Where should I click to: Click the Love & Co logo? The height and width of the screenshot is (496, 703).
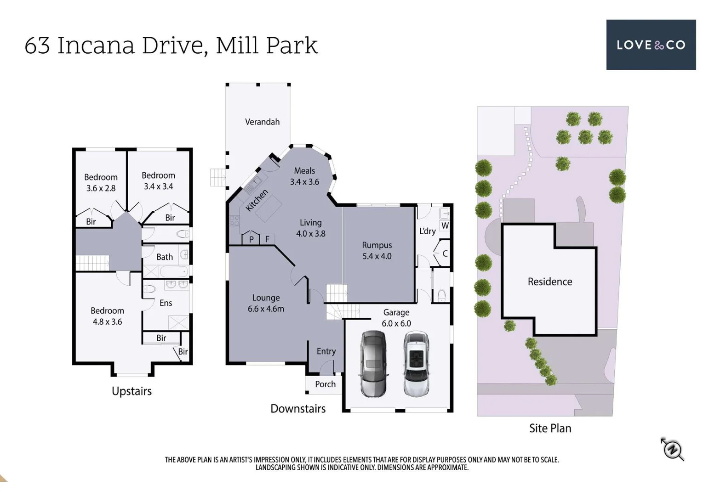click(651, 45)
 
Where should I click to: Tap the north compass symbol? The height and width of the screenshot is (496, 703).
click(672, 449)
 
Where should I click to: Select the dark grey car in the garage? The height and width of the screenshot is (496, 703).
click(373, 363)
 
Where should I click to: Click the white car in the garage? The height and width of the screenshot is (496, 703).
click(416, 363)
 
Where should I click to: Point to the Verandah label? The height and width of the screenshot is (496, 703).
click(262, 122)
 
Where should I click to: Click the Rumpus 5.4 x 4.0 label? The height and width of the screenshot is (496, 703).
click(377, 251)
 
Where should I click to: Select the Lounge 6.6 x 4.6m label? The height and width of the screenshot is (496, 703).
click(266, 303)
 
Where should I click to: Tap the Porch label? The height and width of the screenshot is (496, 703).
click(325, 384)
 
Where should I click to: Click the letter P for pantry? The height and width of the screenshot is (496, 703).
click(251, 239)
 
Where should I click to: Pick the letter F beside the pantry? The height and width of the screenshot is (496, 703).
click(267, 239)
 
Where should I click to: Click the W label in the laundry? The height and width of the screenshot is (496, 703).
click(445, 225)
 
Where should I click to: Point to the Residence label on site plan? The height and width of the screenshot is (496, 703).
click(550, 282)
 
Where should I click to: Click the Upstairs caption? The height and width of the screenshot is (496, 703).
click(131, 391)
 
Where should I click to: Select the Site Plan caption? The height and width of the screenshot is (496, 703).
click(550, 428)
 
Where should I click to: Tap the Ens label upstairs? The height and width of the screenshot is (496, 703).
click(166, 303)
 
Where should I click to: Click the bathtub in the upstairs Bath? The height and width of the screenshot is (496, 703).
click(174, 271)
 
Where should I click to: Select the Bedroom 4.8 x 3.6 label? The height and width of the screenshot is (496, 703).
click(107, 316)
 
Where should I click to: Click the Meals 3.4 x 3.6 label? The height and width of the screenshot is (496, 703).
click(304, 176)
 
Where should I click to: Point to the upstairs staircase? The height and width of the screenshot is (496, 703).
click(92, 263)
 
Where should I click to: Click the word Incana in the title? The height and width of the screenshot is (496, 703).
click(96, 45)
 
